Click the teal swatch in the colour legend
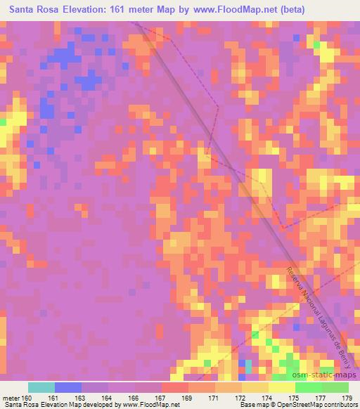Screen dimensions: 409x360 tap(41, 387)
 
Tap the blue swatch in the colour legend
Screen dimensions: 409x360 tap(68, 387)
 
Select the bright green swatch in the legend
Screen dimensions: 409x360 tap(309, 387)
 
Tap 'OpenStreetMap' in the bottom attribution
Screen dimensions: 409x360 tap(302, 405)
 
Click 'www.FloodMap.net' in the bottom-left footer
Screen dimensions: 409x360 tap(149, 405)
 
